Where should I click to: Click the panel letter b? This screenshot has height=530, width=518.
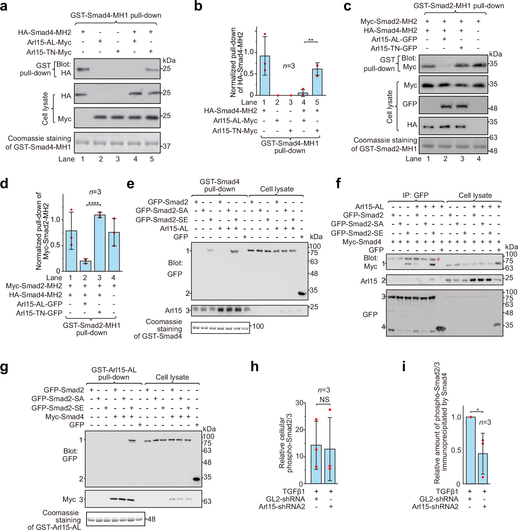[x=198, y=6]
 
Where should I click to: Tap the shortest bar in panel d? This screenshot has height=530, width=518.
[x=85, y=266]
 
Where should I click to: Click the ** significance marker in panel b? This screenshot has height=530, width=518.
[x=311, y=40]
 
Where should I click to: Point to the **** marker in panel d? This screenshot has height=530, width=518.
[x=93, y=203]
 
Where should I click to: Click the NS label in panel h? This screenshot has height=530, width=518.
[x=324, y=400]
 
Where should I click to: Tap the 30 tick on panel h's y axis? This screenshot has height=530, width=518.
[x=299, y=403]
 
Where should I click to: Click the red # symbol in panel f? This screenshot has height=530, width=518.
[x=438, y=259]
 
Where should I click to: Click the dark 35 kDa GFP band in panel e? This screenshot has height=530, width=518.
[x=302, y=294]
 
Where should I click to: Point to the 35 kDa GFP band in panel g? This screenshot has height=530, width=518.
[x=197, y=479]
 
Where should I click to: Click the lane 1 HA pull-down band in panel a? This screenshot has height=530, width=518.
[x=83, y=70]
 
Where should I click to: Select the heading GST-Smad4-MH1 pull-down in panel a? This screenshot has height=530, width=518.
[x=116, y=15]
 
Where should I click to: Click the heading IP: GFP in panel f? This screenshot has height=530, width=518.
[x=415, y=195]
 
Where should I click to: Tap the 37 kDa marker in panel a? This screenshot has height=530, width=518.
[x=166, y=146]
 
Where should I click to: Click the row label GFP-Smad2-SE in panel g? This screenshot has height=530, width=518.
[x=57, y=408]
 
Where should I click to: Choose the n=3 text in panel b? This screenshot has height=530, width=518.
[x=289, y=66]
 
